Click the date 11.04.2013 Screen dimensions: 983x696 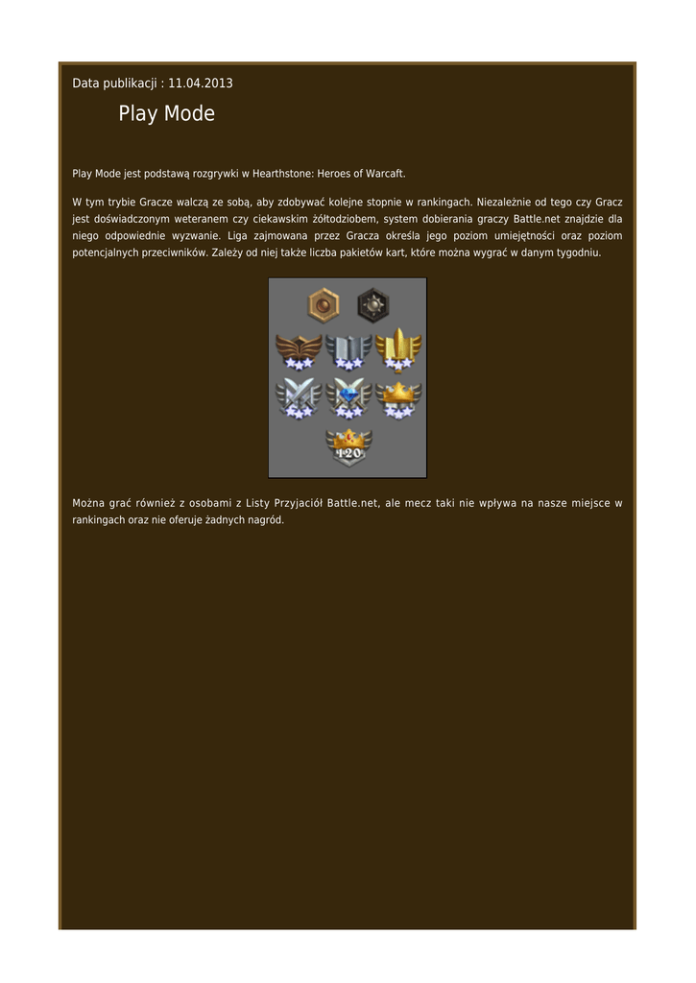(201, 84)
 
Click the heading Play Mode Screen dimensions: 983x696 (166, 114)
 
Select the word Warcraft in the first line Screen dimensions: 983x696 (384, 174)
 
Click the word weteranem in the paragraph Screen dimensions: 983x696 (184, 219)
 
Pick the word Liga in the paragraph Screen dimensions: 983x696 (237, 236)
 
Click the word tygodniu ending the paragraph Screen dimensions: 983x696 (575, 253)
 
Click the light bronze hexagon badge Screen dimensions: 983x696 (323, 305)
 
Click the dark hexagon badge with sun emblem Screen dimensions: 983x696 (372, 305)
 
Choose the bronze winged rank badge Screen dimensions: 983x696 (298, 350)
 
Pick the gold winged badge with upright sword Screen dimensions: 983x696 (398, 348)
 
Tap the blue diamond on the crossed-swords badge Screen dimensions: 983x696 (348, 392)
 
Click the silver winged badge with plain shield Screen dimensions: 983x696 (348, 350)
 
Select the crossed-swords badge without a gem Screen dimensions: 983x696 (298, 396)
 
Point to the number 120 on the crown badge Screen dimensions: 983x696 (348, 453)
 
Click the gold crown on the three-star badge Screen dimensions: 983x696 (398, 391)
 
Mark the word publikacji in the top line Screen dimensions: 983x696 (130, 84)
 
